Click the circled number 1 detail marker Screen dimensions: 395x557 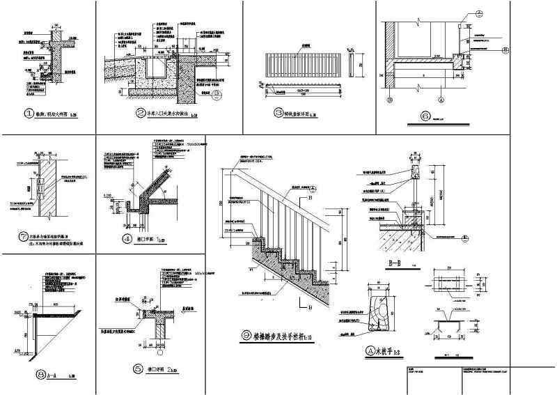point(29,114)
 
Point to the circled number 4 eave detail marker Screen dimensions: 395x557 point(127,239)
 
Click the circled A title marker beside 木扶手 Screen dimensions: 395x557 point(370,352)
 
